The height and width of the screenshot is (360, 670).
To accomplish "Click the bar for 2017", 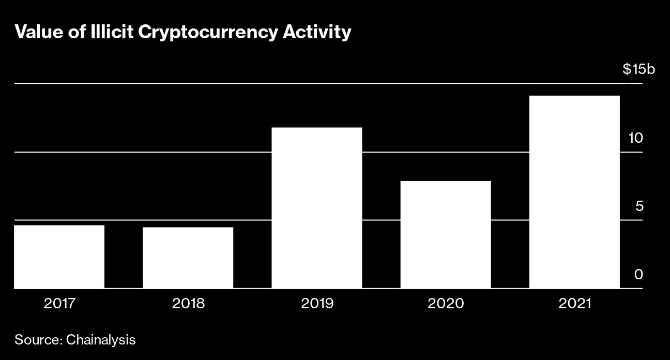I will tap(59, 257).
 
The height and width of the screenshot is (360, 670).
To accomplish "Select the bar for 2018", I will tap(188, 258).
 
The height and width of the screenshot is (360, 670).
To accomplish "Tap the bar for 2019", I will tap(316, 208).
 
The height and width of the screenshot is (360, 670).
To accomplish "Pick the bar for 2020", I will tap(446, 234).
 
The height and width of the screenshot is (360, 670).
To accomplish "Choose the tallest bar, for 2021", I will tap(574, 192).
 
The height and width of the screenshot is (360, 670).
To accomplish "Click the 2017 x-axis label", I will tap(59, 303).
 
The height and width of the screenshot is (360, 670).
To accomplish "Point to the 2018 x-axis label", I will tap(188, 303).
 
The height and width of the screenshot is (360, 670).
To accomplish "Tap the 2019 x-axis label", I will tap(317, 303).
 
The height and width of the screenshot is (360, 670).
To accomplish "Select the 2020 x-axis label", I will tap(446, 303).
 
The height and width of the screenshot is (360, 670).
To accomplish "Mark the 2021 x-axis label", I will tap(574, 303).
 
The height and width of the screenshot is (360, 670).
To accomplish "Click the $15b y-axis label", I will tap(638, 69).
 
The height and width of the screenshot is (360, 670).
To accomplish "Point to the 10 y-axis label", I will tap(635, 138).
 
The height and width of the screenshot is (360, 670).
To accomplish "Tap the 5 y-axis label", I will tap(639, 206).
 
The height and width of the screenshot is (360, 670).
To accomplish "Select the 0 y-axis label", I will tap(639, 275).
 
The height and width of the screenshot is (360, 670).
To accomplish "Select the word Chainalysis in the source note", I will tap(101, 340).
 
